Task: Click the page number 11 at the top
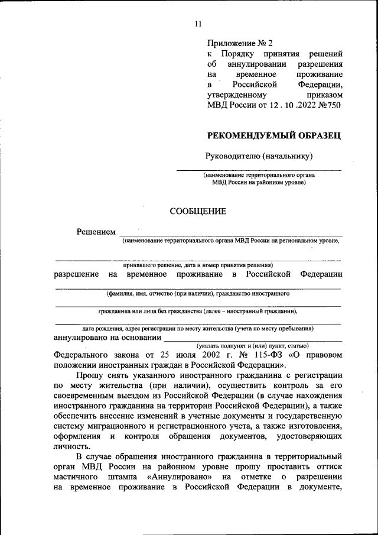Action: click(198, 24)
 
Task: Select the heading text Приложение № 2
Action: click(240, 43)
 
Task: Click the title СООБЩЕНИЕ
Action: click(197, 211)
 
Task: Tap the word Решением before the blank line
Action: click(96, 231)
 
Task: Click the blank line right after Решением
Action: click(230, 235)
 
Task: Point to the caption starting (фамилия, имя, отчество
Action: click(198, 293)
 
